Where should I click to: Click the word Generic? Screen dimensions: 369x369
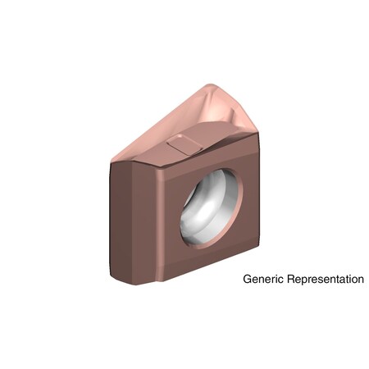tap(262, 280)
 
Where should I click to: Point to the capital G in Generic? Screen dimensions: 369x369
tap(248, 280)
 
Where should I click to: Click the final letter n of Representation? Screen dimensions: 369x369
tap(360, 280)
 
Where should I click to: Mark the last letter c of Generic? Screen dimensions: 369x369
tap(277, 280)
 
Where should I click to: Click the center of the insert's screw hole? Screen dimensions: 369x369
tap(212, 207)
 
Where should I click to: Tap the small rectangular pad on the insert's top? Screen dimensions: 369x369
tap(184, 146)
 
